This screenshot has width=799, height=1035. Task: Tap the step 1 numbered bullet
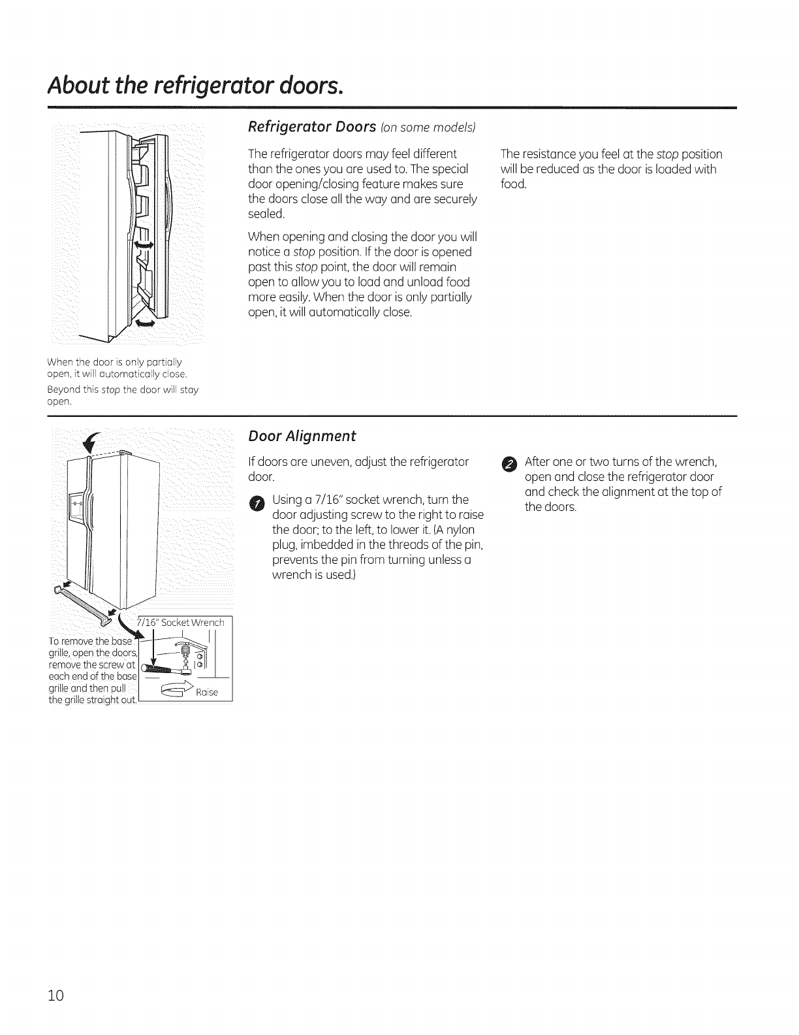point(258,502)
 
